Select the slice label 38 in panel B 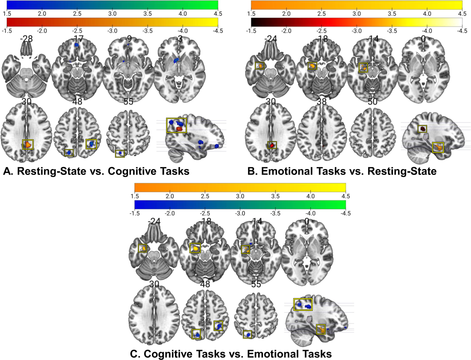(x=320, y=102)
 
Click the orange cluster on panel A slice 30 (x=28, y=145)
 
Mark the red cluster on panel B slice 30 (x=272, y=145)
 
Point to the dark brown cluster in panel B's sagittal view (x=422, y=129)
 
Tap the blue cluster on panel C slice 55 (x=247, y=335)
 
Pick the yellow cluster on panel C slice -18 (x=195, y=248)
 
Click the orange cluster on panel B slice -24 (x=259, y=65)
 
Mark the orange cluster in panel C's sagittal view (x=321, y=329)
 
